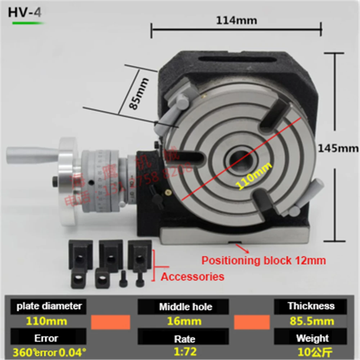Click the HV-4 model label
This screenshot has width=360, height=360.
tap(25, 12)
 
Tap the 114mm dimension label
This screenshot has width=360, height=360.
tap(237, 21)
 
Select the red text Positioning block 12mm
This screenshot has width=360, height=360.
tap(264, 260)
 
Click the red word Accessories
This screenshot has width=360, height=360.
tap(192, 276)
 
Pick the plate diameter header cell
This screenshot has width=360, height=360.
tap(49, 306)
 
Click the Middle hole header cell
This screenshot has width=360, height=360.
tap(185, 307)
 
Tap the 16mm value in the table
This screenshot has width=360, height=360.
tap(184, 321)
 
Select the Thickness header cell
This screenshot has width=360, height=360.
tap(311, 306)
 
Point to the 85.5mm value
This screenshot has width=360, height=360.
tap(312, 321)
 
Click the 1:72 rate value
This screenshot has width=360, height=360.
tap(184, 351)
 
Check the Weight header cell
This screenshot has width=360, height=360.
tap(312, 338)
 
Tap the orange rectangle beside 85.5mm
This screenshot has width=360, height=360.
tap(252, 322)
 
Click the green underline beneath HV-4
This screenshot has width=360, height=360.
tap(28, 23)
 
